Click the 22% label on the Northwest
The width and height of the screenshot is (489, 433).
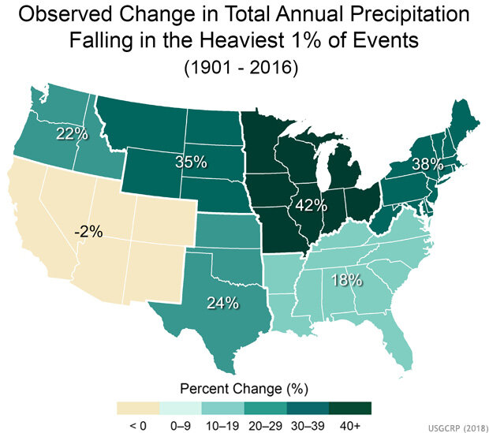point(71,134)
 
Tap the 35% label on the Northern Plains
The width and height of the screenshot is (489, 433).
point(190,162)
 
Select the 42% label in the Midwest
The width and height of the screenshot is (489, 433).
point(311,206)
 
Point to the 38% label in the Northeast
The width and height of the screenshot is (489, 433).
point(426,166)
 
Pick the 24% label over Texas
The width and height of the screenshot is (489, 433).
point(222,303)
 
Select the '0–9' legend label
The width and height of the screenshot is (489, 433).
point(180,425)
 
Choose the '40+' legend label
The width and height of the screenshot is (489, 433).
point(350,425)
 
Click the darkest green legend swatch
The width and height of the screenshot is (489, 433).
point(350,408)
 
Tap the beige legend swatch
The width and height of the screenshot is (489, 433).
point(137,408)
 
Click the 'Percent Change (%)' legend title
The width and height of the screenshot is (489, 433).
point(244,389)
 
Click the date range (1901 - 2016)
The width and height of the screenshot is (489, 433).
point(244,69)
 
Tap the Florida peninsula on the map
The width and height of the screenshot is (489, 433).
point(398,347)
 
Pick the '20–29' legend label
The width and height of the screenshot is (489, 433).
point(265,425)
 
